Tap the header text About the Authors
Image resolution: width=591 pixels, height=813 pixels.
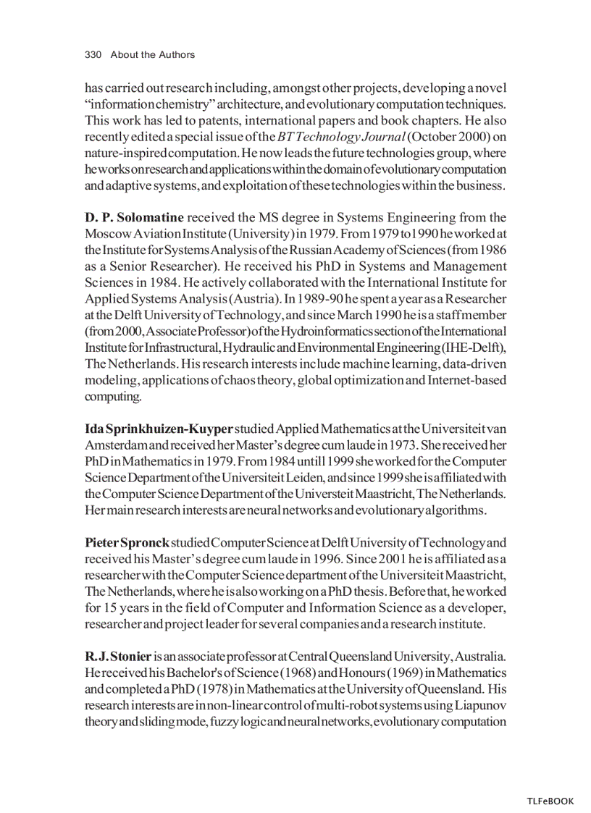153,55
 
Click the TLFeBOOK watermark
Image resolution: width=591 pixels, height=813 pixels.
550,801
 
